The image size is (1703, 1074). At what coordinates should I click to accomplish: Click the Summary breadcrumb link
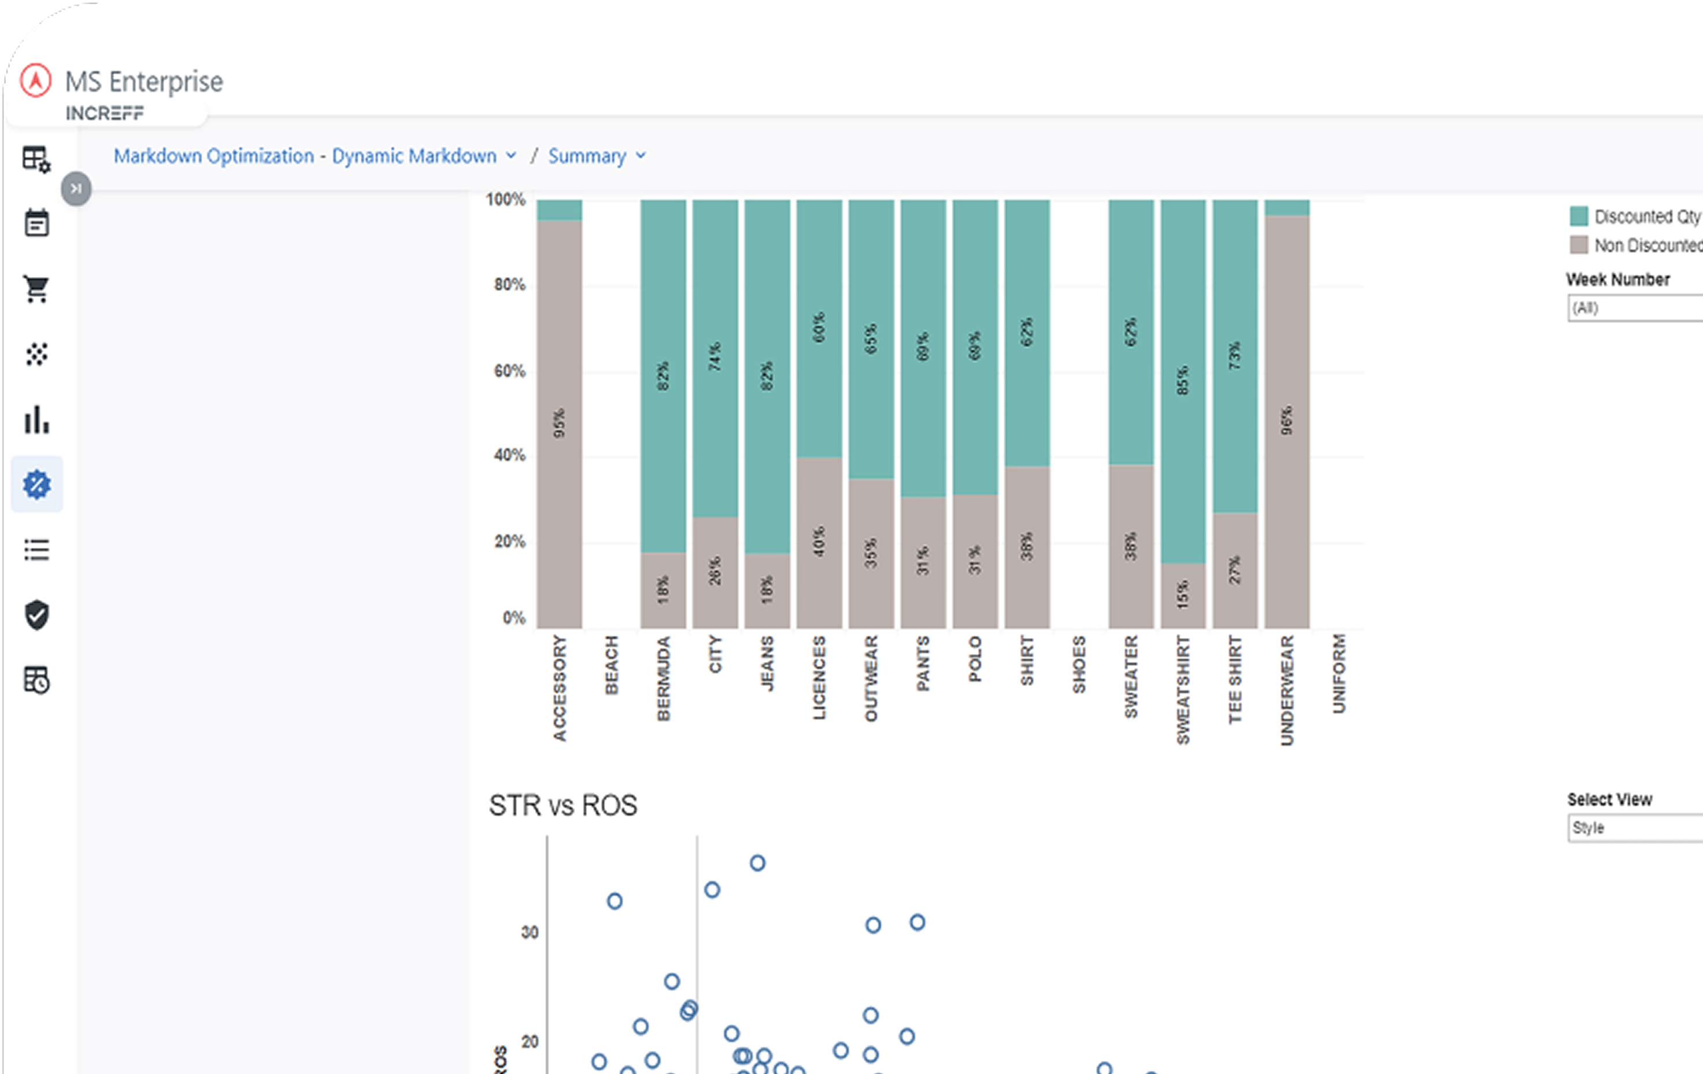(587, 156)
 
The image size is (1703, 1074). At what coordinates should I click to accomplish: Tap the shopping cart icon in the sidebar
(37, 289)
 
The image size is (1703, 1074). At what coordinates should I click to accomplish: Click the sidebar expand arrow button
(76, 189)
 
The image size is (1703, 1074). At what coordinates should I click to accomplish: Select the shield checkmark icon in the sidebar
(37, 615)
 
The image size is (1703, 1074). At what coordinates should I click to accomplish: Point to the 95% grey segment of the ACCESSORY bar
(560, 423)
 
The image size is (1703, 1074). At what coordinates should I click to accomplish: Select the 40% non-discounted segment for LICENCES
(819, 542)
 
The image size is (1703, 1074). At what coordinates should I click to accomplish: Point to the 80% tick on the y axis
(509, 285)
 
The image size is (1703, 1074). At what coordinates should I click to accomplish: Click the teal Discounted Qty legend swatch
(1579, 216)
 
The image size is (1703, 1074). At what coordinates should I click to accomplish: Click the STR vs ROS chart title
(563, 806)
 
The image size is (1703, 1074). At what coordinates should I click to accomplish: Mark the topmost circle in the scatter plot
(757, 863)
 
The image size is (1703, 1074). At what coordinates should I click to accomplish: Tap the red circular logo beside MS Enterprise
(35, 80)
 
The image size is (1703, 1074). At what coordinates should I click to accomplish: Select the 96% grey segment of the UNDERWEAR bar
(1286, 420)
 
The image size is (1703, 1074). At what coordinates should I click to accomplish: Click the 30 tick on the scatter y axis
(530, 932)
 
